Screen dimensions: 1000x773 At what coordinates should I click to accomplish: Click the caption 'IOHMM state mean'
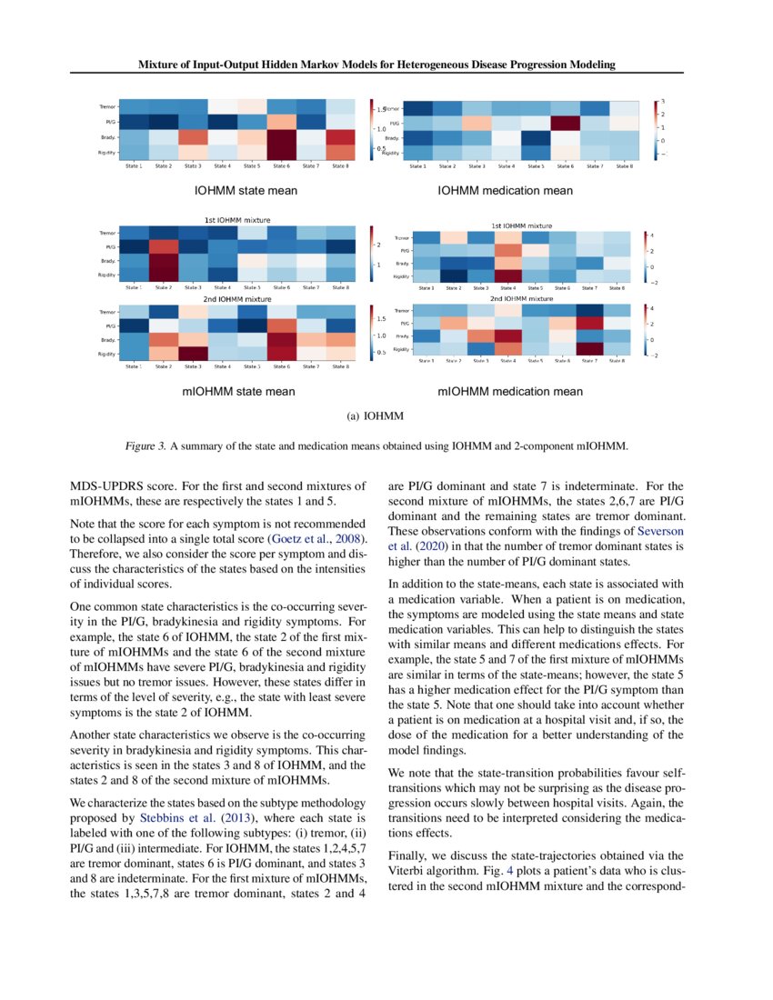(x=246, y=191)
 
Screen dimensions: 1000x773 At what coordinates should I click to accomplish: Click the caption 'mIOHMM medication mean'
(x=510, y=392)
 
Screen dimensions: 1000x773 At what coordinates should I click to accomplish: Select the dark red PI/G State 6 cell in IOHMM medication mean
(x=565, y=123)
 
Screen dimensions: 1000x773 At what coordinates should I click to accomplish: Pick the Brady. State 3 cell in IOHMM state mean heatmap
(x=192, y=137)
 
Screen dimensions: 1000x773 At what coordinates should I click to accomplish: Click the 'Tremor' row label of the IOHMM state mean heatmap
(x=107, y=107)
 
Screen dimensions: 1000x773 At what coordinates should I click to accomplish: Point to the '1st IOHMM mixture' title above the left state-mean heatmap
(x=239, y=220)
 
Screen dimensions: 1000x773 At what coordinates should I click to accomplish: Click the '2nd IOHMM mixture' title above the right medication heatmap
(x=521, y=298)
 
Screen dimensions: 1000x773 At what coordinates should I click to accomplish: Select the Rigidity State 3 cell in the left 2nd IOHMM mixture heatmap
(x=192, y=354)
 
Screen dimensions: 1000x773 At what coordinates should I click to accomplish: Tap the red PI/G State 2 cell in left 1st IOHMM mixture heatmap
(x=163, y=247)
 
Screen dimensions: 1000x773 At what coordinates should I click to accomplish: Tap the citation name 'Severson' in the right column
(x=659, y=530)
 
